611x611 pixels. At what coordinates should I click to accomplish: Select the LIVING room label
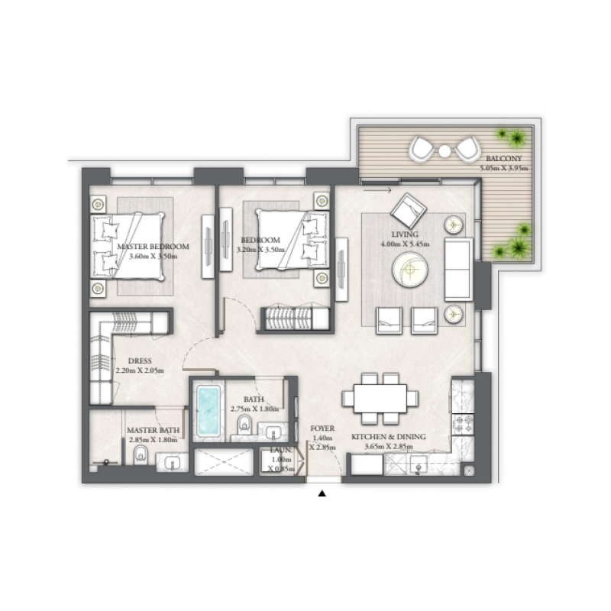pyautogui.click(x=402, y=235)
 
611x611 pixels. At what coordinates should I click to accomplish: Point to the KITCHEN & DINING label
pyautogui.click(x=388, y=437)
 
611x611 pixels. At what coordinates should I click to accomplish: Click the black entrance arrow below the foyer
pyautogui.click(x=322, y=494)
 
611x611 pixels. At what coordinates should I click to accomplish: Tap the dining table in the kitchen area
pyautogui.click(x=380, y=398)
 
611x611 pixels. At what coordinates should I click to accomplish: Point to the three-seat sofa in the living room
pyautogui.click(x=458, y=268)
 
